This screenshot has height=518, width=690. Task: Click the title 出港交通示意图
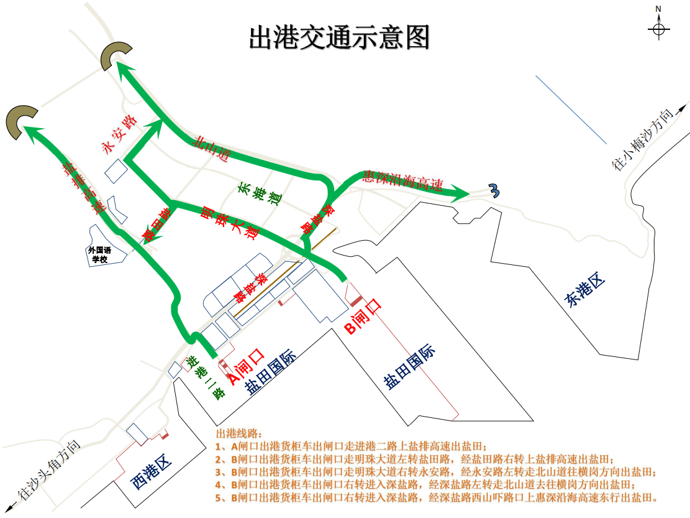click(x=339, y=38)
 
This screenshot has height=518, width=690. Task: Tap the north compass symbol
click(x=658, y=28)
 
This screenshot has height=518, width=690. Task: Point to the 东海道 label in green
click(x=258, y=195)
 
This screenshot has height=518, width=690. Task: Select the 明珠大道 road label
click(x=230, y=221)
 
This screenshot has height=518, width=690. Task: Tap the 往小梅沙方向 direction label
click(x=642, y=139)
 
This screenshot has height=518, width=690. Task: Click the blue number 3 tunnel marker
click(x=494, y=192)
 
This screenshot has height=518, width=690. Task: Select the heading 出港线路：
click(x=239, y=433)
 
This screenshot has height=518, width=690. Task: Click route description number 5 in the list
click(x=435, y=497)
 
